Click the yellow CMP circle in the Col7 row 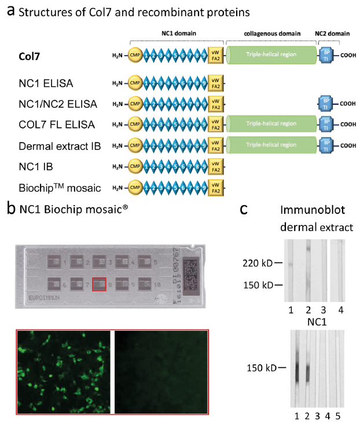click(135, 56)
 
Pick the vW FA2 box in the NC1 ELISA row click(215, 83)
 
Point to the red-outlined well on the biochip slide click(100, 284)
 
